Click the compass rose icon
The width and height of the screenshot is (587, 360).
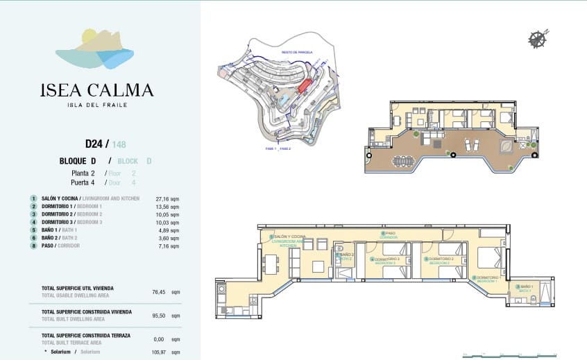tap(538, 39)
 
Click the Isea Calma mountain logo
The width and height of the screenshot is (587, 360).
tap(96, 50)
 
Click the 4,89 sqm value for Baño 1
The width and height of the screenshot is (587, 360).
tap(170, 230)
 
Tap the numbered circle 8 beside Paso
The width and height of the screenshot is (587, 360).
tap(33, 246)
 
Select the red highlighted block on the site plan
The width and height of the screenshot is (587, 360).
tap(305, 86)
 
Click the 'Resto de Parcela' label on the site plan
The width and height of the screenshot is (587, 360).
tap(297, 52)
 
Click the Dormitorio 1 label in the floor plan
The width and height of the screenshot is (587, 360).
tap(491, 278)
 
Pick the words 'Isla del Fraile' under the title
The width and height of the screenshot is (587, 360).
tap(96, 105)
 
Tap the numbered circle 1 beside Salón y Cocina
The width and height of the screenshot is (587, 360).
tap(33, 198)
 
